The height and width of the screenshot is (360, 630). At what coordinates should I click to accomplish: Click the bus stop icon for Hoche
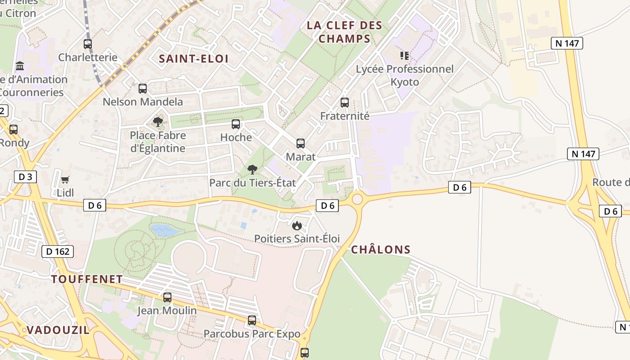tap(236, 124)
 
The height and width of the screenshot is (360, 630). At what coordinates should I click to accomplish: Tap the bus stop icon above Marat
tap(301, 144)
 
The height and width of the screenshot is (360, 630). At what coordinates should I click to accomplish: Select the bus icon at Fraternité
tap(345, 103)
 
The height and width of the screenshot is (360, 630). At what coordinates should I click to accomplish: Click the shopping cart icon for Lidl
tap(65, 180)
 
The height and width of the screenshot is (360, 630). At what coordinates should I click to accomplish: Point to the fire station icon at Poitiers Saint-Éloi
tap(297, 225)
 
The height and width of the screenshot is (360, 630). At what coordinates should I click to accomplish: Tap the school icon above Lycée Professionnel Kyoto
tap(405, 56)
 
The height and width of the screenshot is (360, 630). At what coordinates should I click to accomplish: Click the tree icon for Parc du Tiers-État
tap(252, 170)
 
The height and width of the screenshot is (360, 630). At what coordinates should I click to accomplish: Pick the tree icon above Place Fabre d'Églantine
tap(157, 121)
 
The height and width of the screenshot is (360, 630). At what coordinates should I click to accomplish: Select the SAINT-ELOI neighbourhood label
tap(193, 58)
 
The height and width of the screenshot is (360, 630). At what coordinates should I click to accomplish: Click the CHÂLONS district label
tap(381, 250)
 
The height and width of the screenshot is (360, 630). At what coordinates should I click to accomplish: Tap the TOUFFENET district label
tap(87, 279)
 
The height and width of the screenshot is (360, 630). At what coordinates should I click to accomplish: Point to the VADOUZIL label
tap(58, 330)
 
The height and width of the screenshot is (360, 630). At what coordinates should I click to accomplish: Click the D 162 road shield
tap(58, 252)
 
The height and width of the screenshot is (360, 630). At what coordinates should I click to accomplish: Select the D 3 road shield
tap(25, 177)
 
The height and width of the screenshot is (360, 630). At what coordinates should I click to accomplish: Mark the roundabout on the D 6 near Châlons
tap(357, 198)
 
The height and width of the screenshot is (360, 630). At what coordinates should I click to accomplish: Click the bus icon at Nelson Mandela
tap(143, 89)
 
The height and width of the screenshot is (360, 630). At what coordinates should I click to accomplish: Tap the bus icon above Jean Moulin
tap(167, 297)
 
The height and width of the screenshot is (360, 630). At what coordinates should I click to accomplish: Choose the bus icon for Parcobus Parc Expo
tap(252, 320)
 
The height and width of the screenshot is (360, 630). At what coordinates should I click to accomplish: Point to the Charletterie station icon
tap(88, 44)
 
